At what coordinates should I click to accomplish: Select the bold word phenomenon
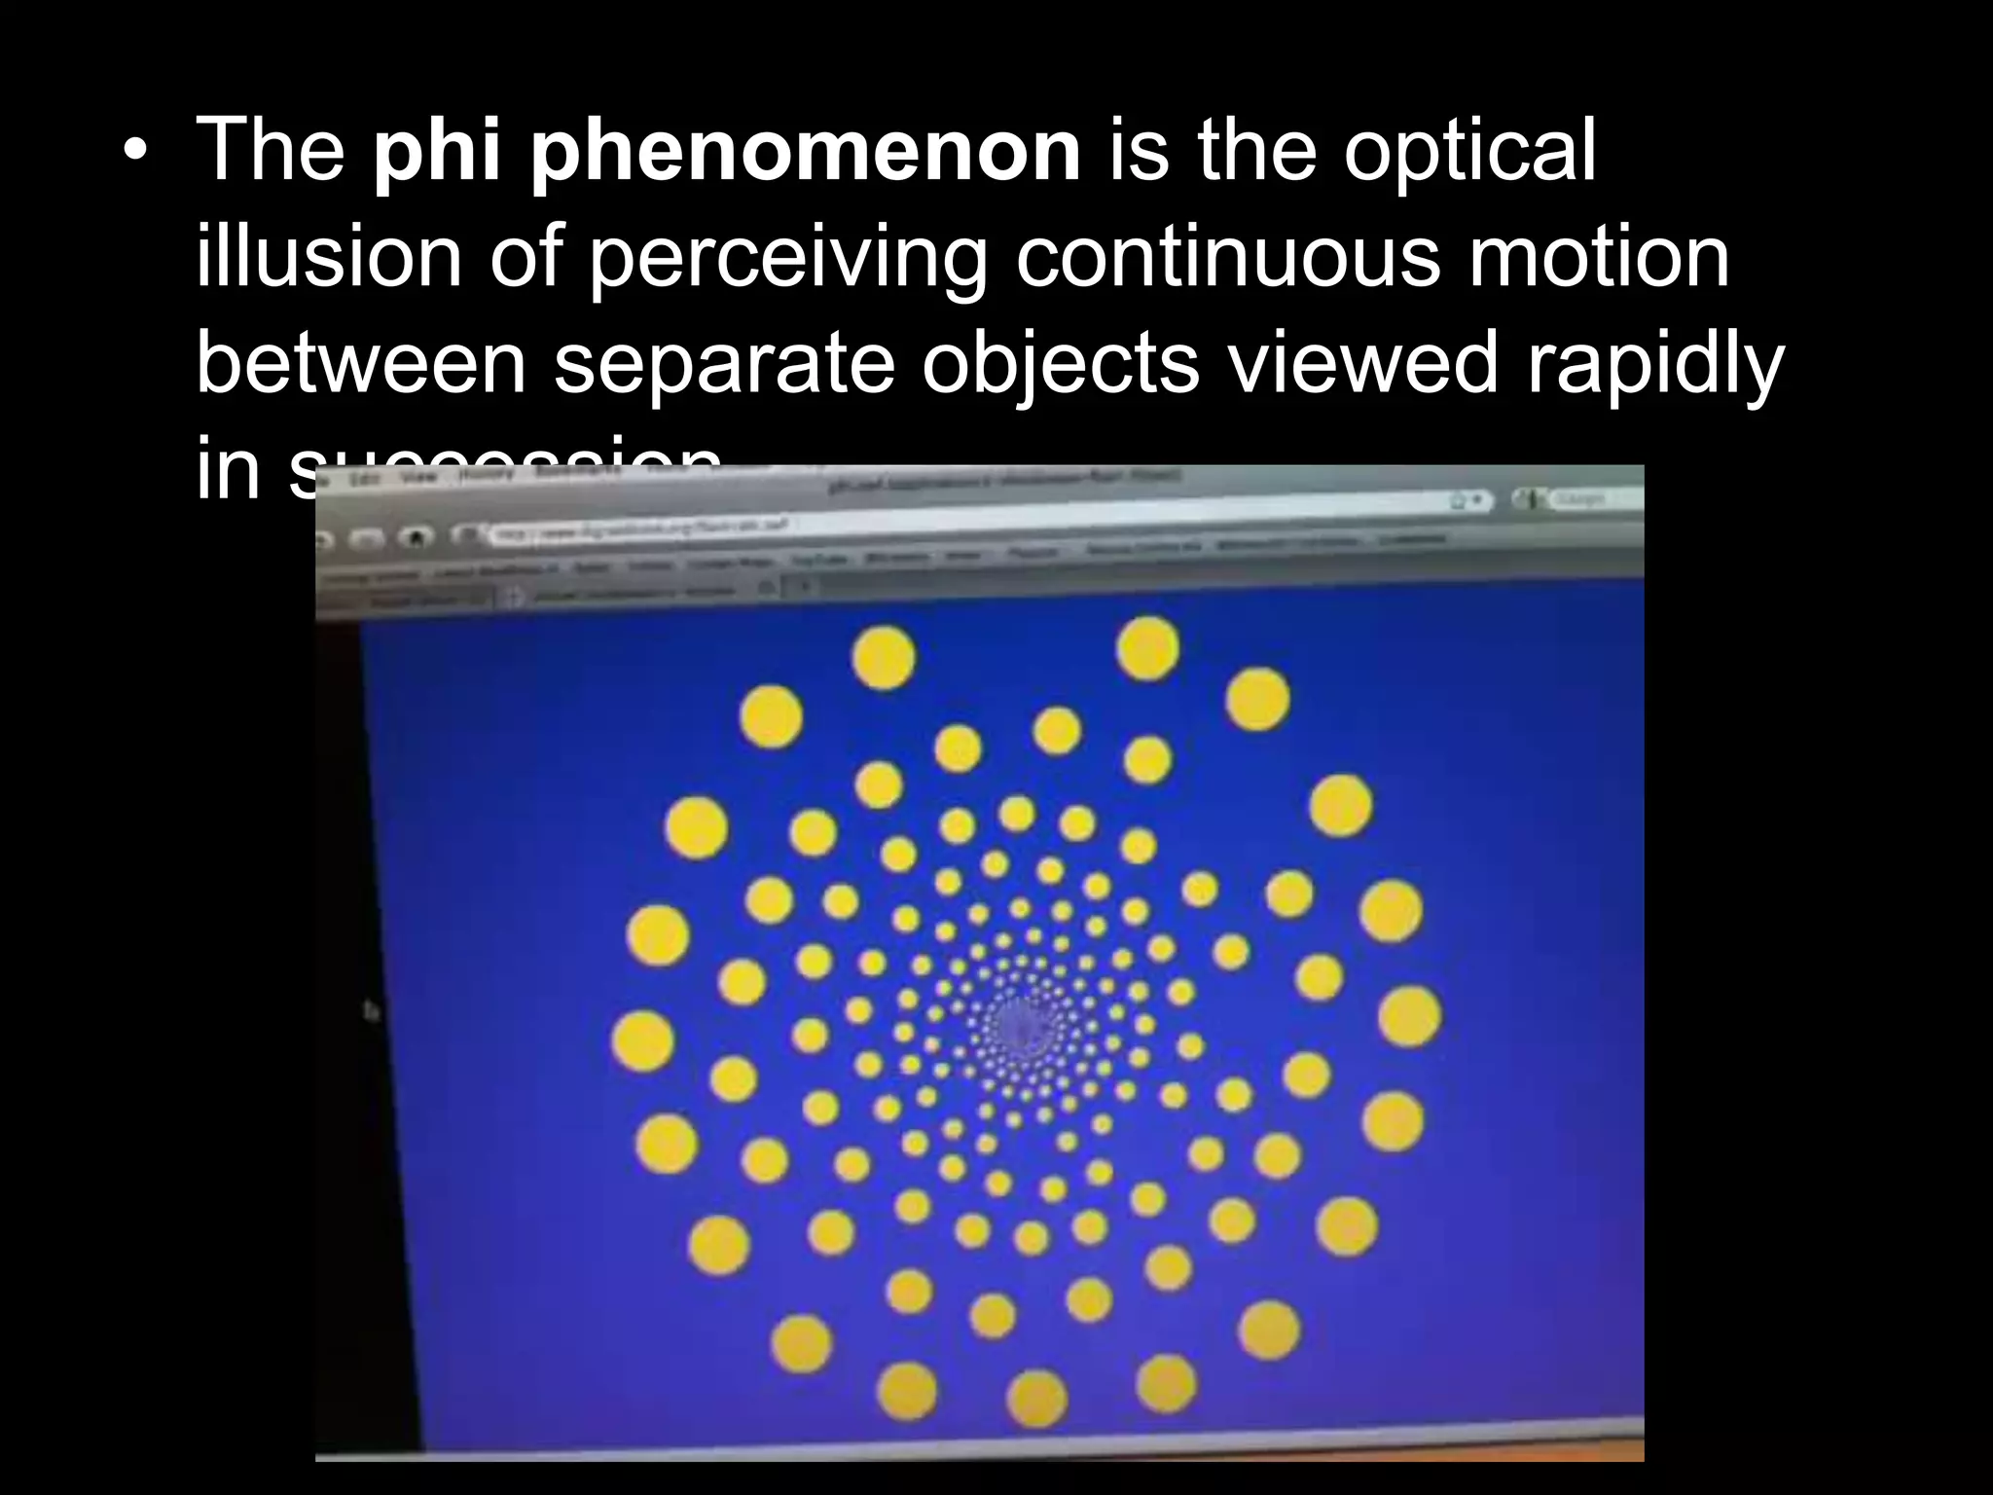click(805, 154)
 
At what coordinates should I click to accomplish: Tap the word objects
click(1060, 364)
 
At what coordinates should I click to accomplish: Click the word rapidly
click(1654, 364)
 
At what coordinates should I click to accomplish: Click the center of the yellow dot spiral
click(1017, 1022)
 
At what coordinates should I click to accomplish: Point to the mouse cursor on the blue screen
click(371, 1011)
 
